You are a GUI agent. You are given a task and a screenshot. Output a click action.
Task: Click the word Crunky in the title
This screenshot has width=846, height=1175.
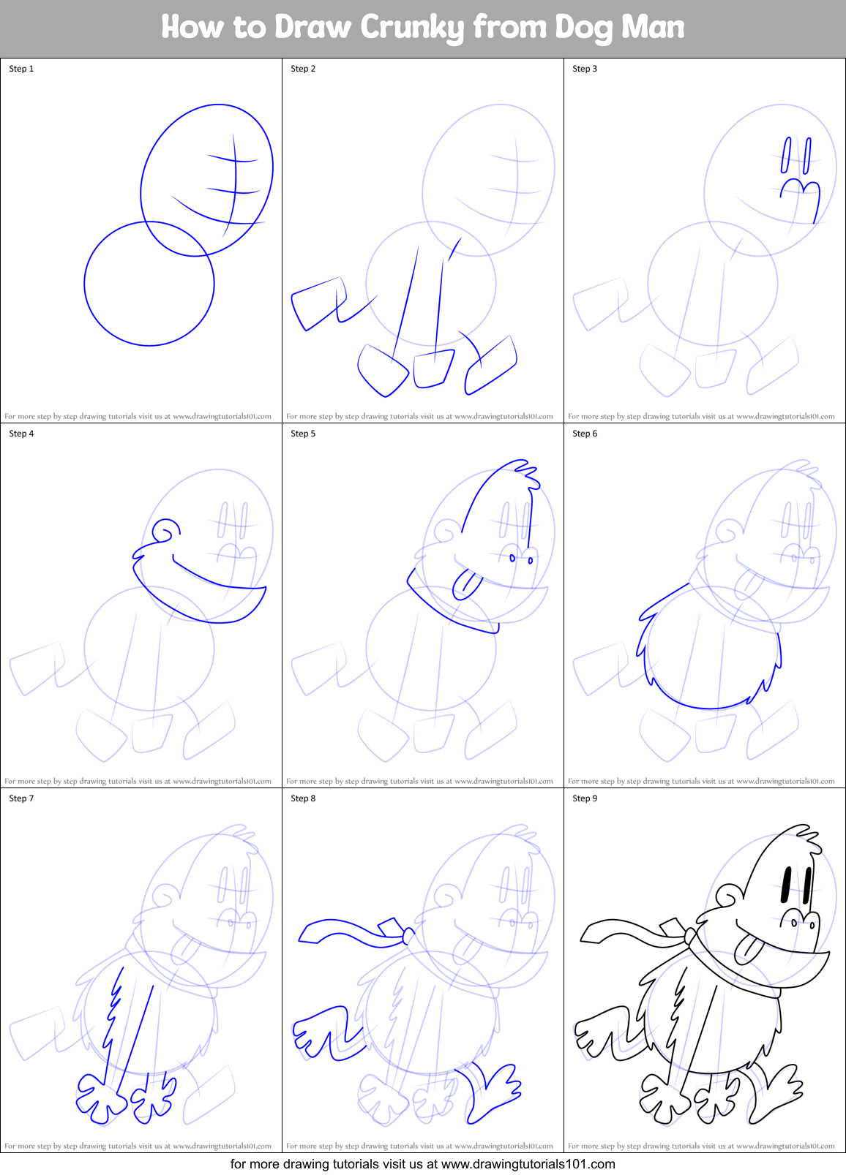[413, 28]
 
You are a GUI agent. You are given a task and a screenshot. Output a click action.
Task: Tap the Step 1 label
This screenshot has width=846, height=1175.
[21, 69]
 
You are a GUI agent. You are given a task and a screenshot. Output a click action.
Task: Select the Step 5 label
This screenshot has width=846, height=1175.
[303, 434]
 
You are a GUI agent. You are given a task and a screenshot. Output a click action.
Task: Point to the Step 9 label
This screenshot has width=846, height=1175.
[585, 798]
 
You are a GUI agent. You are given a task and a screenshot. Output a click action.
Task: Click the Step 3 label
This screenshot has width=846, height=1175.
[585, 69]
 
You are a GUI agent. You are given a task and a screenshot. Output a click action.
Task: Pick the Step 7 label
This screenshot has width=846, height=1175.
[21, 798]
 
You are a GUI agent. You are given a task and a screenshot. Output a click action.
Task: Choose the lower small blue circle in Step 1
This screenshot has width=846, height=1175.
[149, 284]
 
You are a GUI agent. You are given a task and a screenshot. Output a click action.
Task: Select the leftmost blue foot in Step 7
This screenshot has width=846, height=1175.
[98, 1097]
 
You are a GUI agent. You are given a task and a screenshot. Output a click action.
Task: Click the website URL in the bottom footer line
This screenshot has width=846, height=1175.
[528, 1164]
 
